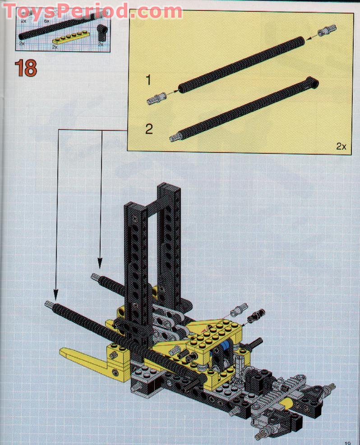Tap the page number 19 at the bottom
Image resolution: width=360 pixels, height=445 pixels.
click(347, 442)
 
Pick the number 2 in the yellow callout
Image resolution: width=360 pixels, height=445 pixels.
click(149, 129)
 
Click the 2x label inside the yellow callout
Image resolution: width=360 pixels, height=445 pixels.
click(341, 146)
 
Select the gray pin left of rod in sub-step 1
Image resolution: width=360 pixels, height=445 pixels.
click(155, 97)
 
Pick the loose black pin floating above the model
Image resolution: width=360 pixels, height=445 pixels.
click(257, 314)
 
